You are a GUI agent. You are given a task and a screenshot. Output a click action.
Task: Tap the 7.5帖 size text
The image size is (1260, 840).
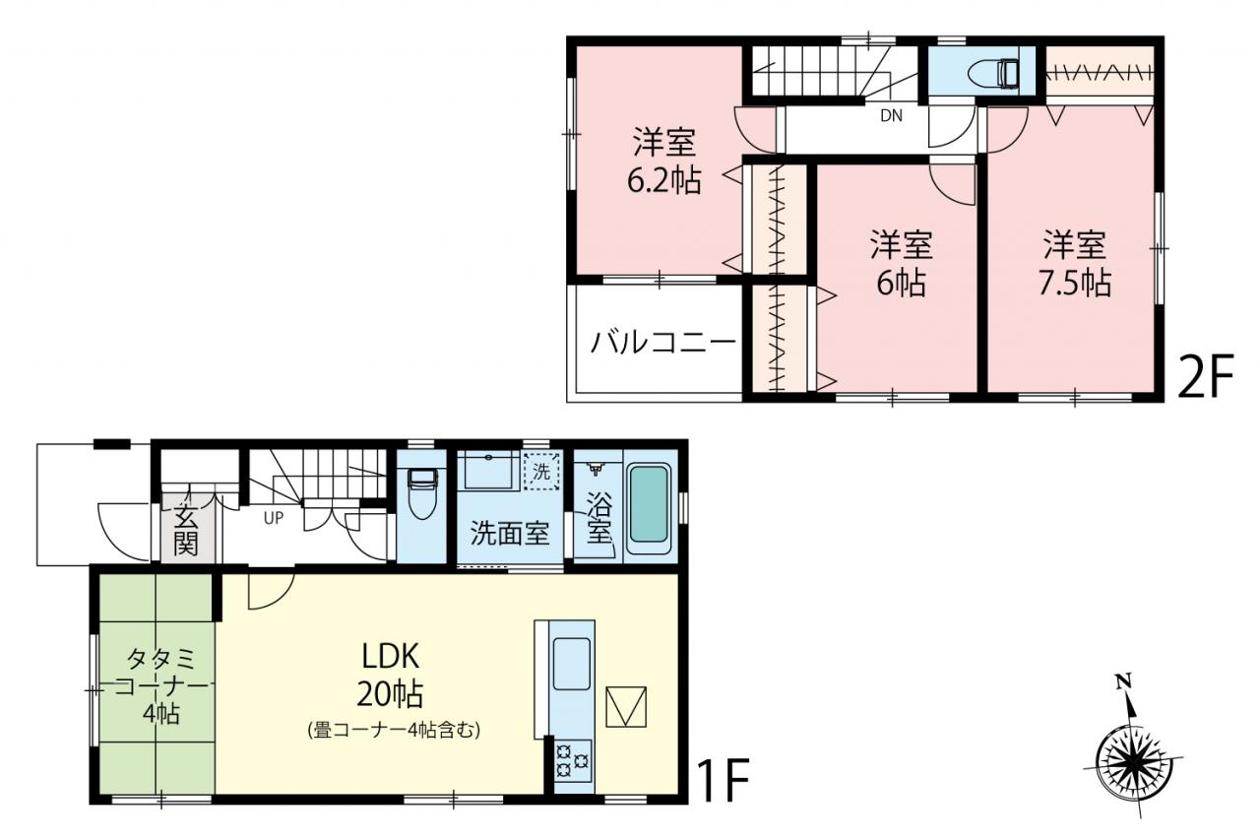tap(1074, 283)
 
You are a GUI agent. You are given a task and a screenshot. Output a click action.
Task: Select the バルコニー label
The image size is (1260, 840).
tap(663, 342)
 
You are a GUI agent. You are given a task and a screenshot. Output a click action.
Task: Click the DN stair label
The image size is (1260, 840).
tap(891, 116)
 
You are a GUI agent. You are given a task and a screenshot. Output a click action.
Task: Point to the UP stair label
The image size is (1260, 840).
tap(274, 518)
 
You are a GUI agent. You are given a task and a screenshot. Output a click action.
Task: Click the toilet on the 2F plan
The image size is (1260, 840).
tap(994, 74)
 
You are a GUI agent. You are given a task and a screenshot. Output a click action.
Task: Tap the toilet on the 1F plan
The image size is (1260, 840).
tap(422, 494)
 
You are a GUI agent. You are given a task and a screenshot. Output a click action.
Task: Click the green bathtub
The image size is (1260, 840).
tap(649, 504)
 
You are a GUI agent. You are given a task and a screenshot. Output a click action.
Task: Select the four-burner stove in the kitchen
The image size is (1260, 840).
tap(572, 761)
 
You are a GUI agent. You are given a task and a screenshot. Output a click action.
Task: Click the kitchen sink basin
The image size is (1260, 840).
tap(572, 665)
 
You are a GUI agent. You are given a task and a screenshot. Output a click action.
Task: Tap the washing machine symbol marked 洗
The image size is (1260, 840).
tap(541, 471)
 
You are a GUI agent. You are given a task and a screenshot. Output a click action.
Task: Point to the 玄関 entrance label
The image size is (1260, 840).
tap(186, 530)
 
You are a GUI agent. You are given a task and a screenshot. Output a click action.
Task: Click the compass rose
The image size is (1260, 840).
tap(1133, 764)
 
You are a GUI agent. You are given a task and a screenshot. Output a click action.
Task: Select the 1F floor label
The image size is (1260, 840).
tap(723, 782)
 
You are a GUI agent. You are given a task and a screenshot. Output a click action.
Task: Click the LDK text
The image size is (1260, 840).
tap(391, 657)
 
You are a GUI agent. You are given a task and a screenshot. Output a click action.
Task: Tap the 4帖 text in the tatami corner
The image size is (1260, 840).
tap(161, 714)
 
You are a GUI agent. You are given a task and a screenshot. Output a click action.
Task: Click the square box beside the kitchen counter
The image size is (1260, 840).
tap(626, 707)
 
